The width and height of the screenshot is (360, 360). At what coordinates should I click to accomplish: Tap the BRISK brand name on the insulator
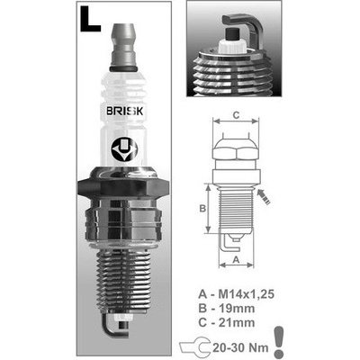[x=125, y=112]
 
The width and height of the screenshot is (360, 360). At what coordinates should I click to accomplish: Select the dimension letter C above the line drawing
[x=236, y=115]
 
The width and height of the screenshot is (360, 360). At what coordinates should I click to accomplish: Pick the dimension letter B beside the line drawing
[x=202, y=208]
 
